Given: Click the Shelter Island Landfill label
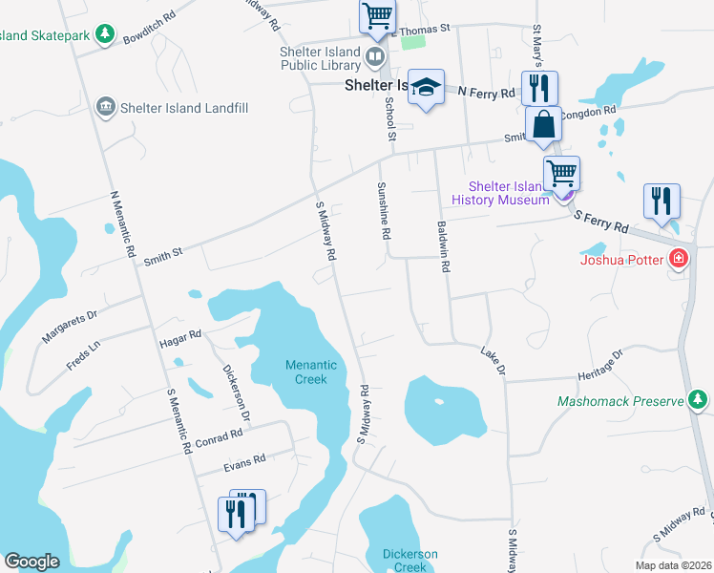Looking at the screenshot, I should click(x=184, y=108).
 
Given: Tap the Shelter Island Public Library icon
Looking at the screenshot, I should click(x=375, y=58).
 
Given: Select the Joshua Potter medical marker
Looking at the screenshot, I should click(x=679, y=258).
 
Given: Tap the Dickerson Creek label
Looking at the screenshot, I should click(x=410, y=561).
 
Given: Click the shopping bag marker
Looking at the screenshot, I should click(x=543, y=125).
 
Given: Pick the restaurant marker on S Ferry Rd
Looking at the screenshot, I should click(x=661, y=202).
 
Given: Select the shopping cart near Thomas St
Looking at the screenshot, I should click(x=377, y=16).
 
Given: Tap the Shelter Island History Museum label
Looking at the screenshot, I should click(x=508, y=192).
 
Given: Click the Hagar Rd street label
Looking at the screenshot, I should click(x=180, y=336).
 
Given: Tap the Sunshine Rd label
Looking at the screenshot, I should click(x=385, y=211).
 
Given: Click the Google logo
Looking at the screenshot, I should click(x=31, y=562).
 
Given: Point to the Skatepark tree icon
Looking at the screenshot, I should click(x=105, y=36).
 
